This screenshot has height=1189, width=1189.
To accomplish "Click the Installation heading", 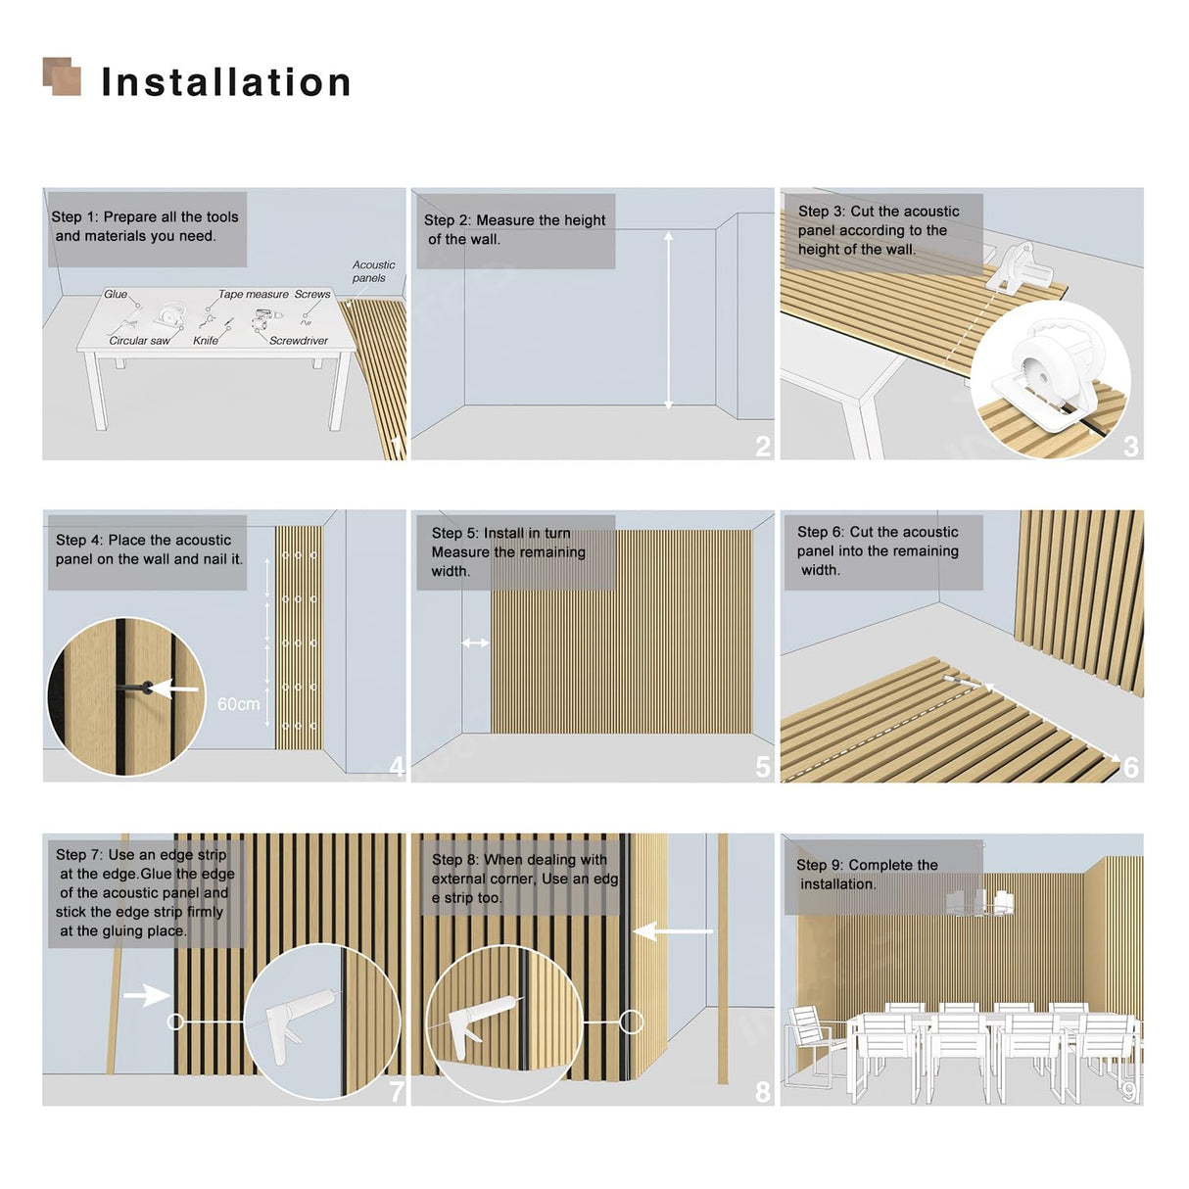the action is (x=226, y=82).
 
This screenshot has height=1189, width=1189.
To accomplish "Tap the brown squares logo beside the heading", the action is (x=62, y=76).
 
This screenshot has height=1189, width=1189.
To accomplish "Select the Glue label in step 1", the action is (x=116, y=295).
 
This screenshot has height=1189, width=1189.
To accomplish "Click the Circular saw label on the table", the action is (x=139, y=341).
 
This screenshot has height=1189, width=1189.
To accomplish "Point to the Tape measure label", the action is (x=254, y=295).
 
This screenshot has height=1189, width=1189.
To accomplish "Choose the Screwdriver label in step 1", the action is (x=299, y=341).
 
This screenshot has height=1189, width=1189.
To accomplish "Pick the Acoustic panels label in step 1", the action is (x=373, y=271).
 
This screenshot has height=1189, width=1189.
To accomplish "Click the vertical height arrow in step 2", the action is (x=668, y=320).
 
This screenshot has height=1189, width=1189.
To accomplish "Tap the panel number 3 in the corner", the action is (x=1130, y=446).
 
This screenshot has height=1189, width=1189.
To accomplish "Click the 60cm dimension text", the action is (x=239, y=704).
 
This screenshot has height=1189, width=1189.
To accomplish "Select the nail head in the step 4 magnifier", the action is (x=147, y=688).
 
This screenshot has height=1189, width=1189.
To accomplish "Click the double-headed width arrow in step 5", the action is (x=475, y=642).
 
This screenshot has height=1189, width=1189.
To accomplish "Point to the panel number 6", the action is (x=1130, y=768).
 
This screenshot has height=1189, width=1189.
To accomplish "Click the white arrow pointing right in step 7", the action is (x=147, y=995).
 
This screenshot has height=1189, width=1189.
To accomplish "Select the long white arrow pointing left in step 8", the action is (x=673, y=931).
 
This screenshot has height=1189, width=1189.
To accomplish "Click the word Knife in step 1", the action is (x=206, y=341).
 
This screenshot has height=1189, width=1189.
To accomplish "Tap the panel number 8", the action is (x=763, y=1092).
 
